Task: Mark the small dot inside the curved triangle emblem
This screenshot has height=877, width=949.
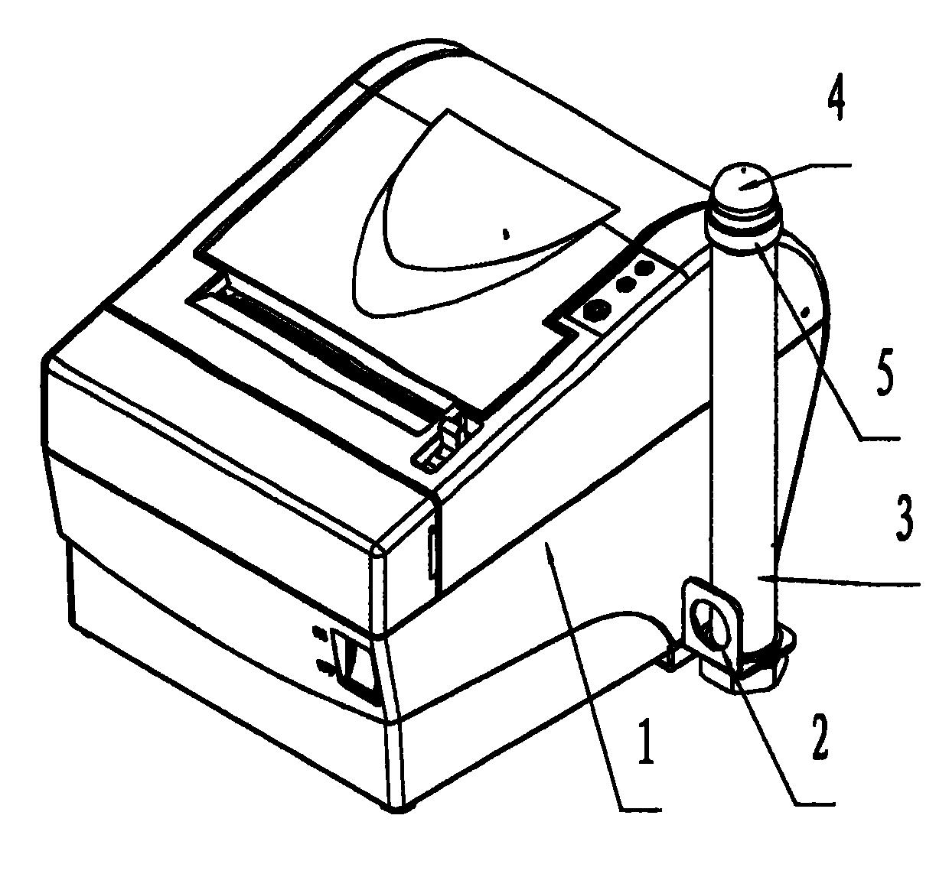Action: tap(504, 234)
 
